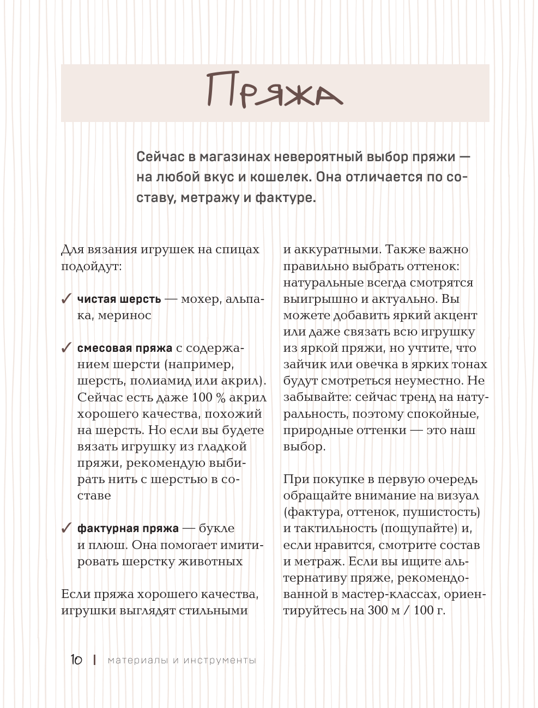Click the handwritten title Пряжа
(275, 92)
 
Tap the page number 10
(76, 660)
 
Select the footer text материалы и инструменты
(182, 660)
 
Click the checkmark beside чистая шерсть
(67, 298)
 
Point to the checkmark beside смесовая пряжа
(67, 347)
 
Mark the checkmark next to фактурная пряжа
(67, 528)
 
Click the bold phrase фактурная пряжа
(128, 528)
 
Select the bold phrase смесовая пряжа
(125, 348)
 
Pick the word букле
(217, 528)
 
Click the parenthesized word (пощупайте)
(418, 528)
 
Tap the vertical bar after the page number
(95, 660)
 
